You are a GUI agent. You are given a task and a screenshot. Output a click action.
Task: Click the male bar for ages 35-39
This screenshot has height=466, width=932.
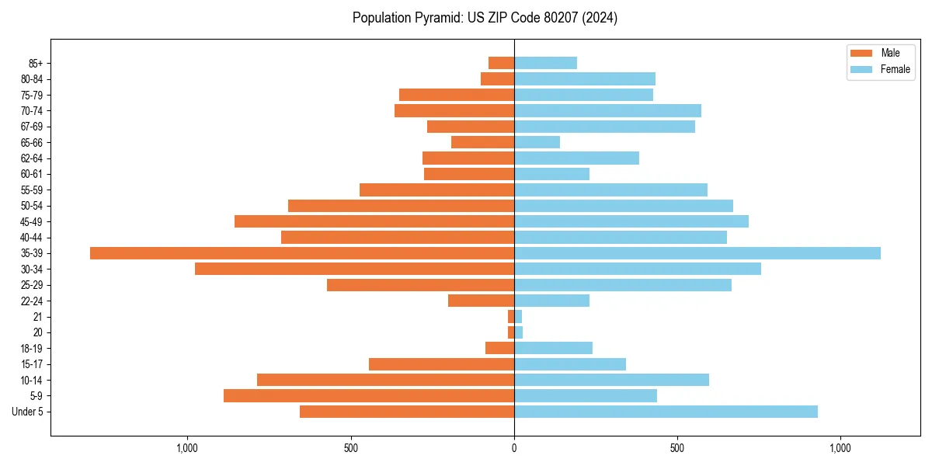click(302, 253)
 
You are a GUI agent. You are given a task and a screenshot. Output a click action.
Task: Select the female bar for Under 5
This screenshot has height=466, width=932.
click(666, 412)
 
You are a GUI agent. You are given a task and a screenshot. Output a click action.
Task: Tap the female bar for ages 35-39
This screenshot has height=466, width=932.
click(697, 253)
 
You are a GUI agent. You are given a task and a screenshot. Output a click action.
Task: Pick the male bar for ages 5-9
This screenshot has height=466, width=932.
click(369, 395)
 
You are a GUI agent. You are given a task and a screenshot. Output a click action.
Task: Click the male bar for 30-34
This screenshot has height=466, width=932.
click(354, 269)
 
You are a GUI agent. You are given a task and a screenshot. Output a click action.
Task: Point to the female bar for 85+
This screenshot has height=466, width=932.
click(545, 63)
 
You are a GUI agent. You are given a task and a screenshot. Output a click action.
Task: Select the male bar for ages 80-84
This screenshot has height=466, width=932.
click(497, 78)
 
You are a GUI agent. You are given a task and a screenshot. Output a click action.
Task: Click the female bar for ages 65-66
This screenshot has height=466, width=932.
click(537, 142)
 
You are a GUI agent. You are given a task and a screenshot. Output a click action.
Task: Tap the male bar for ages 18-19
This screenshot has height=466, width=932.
click(499, 348)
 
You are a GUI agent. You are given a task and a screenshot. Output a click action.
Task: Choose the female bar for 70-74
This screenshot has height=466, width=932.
click(607, 110)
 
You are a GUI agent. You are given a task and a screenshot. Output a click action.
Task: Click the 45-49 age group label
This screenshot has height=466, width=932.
click(32, 222)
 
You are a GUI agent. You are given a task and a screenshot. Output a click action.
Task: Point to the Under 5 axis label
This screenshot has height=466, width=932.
click(27, 412)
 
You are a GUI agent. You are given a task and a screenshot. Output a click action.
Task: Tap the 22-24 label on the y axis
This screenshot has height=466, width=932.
click(32, 301)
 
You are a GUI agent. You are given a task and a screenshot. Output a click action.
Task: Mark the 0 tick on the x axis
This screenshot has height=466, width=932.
click(514, 448)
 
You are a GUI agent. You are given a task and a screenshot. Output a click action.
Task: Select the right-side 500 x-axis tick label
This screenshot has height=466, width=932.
click(677, 448)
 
